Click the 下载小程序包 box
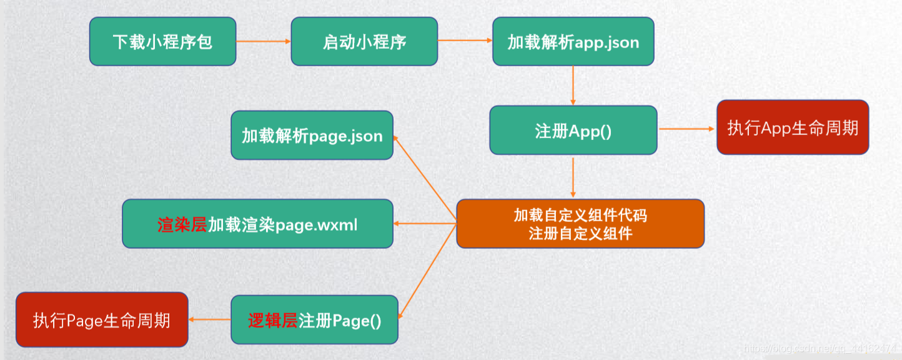[162, 41]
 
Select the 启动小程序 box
[365, 41]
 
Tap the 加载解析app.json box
[573, 41]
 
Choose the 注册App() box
[573, 130]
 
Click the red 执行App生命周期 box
[793, 127]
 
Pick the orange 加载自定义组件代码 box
[580, 224]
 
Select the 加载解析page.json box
[312, 135]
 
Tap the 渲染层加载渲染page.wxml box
[257, 224]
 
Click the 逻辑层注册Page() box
[314, 320]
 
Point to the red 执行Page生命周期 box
[102, 320]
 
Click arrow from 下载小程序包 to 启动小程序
[263, 42]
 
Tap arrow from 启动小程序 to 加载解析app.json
[465, 41]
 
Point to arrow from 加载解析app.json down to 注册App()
[573, 85]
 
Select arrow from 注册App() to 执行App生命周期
[686, 129]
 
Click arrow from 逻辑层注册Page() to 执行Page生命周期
[210, 320]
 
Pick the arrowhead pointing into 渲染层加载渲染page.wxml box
[397, 224]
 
